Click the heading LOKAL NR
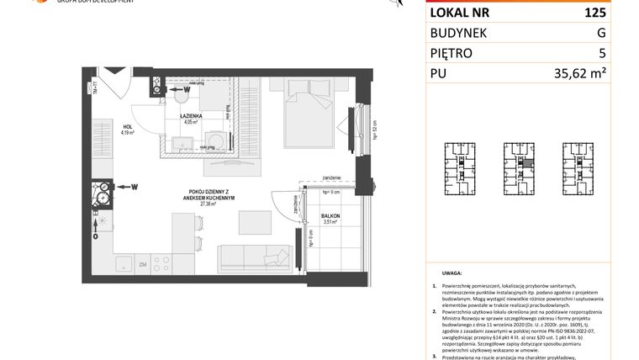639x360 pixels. pyautogui.click(x=461, y=13)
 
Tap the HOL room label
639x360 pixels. pyautogui.click(x=128, y=128)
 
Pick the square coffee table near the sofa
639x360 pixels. pyautogui.click(x=254, y=221)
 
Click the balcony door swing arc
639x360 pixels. pyautogui.click(x=284, y=203)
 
